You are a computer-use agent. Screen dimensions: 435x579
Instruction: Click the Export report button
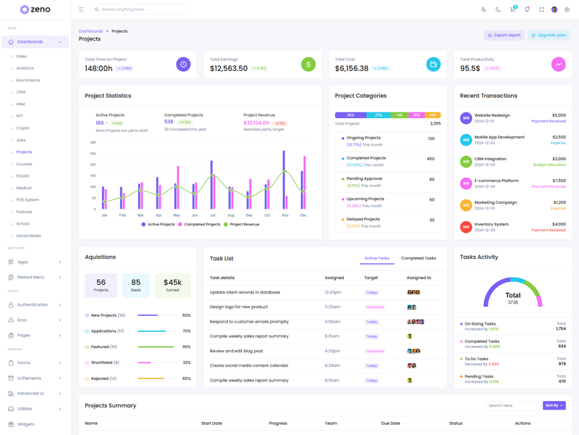tap(504, 35)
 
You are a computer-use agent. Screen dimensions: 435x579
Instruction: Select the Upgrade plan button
tap(548, 35)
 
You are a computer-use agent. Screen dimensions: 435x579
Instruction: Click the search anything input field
tap(141, 9)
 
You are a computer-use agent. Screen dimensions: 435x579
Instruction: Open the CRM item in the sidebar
tap(21, 92)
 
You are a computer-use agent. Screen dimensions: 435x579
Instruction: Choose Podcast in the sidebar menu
tap(24, 212)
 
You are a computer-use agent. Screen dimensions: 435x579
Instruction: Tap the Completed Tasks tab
tap(418, 258)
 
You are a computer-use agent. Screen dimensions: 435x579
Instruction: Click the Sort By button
tap(554, 405)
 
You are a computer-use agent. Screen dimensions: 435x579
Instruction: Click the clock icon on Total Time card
tap(183, 65)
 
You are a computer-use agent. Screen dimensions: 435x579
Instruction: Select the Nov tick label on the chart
tap(285, 215)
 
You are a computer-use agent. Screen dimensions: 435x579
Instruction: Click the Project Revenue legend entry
tap(243, 225)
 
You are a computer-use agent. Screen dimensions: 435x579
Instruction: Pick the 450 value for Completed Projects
tap(431, 159)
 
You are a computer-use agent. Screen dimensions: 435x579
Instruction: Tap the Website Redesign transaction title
tap(492, 115)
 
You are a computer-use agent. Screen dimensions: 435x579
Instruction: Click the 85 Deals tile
tap(136, 286)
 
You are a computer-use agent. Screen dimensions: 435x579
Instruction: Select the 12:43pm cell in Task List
tap(333, 292)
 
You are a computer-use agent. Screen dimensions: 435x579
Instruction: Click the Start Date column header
tap(211, 423)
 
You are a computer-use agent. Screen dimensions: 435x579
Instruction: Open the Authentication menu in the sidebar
tap(33, 304)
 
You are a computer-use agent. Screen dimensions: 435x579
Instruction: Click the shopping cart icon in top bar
tap(512, 9)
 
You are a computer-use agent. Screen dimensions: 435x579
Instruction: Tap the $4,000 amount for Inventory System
tap(559, 224)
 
